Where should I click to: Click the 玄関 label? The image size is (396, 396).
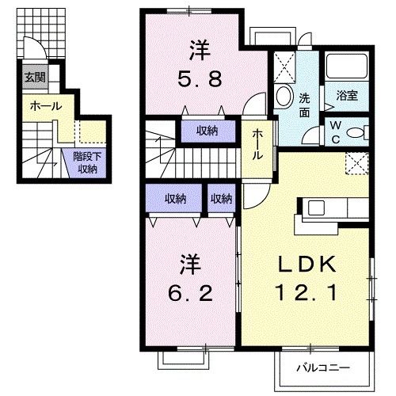click(x=34, y=78)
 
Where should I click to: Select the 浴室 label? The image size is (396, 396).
click(x=347, y=97)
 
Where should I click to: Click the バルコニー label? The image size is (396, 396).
click(x=324, y=367)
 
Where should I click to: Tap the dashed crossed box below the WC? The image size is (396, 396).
click(x=358, y=162)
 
